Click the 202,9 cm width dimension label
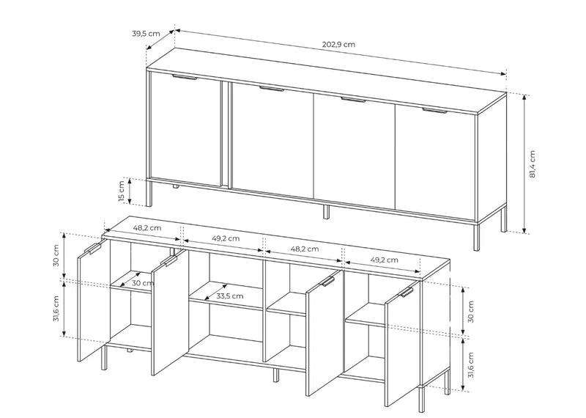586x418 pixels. pos(338,44)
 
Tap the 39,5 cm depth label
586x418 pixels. pos(146,33)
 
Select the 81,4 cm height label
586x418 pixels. pos(533,164)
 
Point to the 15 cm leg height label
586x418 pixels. pos(121,191)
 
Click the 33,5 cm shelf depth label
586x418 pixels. pos(230,296)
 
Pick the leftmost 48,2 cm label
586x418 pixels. pos(147,227)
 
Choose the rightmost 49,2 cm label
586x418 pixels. pos(384,260)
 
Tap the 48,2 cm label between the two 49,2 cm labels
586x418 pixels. pos(305,249)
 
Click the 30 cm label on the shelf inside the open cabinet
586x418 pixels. pos(143,283)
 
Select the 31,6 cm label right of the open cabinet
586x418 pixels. pos(470,365)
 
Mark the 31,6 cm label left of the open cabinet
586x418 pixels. pos(56,309)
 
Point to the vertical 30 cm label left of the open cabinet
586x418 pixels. pos(56,255)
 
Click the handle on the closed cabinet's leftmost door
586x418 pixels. pos(185,78)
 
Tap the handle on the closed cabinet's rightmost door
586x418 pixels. pos(434,111)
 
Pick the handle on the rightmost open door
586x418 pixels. pos(407,293)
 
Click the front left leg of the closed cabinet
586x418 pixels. pos(149,193)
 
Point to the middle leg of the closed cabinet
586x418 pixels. pos(326,212)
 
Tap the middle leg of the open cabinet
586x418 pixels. pos(276,375)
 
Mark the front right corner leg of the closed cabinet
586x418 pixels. pos(476,237)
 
